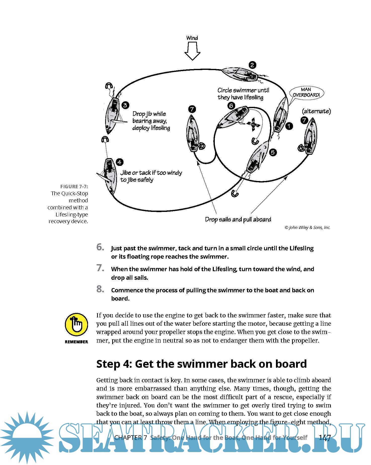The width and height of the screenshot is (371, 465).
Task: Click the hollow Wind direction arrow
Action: (192, 51)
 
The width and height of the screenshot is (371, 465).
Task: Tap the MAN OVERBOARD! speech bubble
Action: (306, 92)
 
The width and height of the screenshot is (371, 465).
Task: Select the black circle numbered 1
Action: (289, 126)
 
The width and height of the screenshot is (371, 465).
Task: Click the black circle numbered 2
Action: (252, 65)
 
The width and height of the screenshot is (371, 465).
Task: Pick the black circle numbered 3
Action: (125, 105)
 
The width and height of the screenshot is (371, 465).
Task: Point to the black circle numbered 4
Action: (119, 162)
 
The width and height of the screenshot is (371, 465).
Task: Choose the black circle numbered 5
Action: (273, 152)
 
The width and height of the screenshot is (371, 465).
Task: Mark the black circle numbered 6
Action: (231, 106)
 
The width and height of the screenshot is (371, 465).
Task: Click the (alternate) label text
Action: (316, 111)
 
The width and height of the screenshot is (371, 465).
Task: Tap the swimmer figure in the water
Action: (253, 124)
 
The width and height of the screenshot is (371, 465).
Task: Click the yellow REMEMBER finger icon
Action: (76, 324)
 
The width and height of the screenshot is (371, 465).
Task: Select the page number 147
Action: (325, 438)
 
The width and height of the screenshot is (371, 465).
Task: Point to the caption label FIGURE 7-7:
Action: (74, 187)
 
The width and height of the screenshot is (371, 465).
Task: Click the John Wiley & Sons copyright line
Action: (307, 227)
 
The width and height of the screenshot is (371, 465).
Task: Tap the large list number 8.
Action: (100, 289)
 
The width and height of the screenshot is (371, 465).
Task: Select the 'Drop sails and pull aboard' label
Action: (238, 219)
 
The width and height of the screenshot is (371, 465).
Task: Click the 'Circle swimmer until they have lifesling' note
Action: (243, 94)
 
